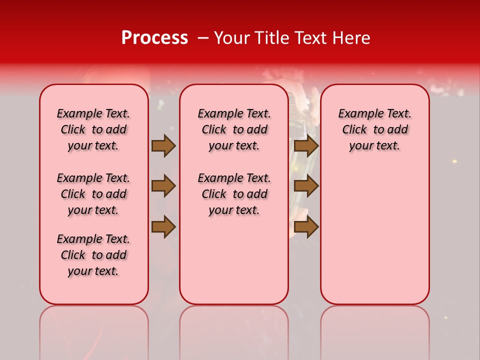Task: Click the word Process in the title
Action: (x=154, y=38)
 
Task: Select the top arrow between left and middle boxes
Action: (x=163, y=145)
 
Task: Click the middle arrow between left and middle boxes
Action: (x=163, y=186)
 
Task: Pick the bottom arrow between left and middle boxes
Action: (x=163, y=227)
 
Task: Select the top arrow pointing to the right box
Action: (x=306, y=145)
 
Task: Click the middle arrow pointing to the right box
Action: (x=306, y=186)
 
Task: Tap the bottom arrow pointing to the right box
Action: (x=306, y=227)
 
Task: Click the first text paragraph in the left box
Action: (x=93, y=129)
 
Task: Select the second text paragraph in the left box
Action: (x=93, y=194)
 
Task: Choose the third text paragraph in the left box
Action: (x=93, y=255)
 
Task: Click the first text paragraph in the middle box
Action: (x=234, y=129)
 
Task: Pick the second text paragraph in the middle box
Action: (x=234, y=194)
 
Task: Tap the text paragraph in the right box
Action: (x=374, y=129)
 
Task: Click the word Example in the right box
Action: (x=357, y=114)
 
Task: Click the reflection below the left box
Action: (x=93, y=325)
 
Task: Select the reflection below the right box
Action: (x=374, y=325)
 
